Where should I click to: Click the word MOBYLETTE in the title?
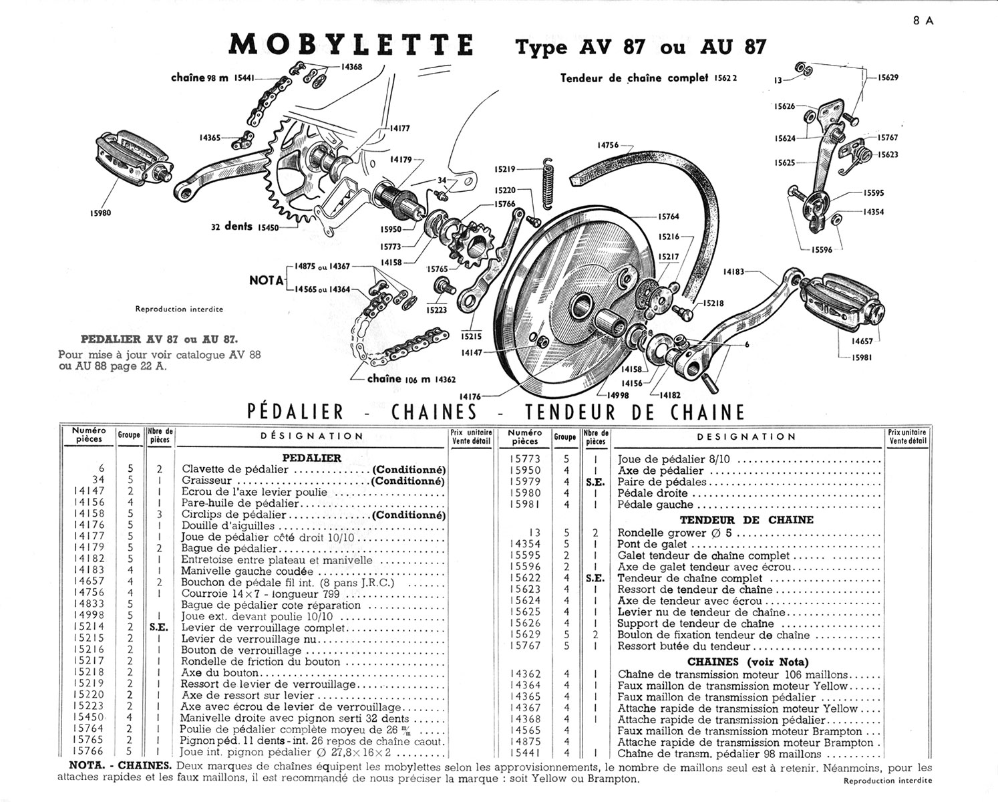(351, 45)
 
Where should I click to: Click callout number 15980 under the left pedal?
(100, 213)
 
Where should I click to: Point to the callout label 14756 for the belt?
(607, 145)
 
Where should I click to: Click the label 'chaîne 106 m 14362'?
(411, 379)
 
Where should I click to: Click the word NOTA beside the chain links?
(267, 281)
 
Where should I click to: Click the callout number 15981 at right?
(862, 358)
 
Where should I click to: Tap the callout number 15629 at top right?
(888, 78)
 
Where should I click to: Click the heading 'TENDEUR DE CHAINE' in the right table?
(746, 519)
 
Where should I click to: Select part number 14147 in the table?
(89, 491)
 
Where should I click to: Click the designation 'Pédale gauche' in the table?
(646, 505)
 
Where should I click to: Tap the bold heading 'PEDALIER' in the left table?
(311, 458)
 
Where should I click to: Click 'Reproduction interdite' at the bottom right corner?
(887, 781)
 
